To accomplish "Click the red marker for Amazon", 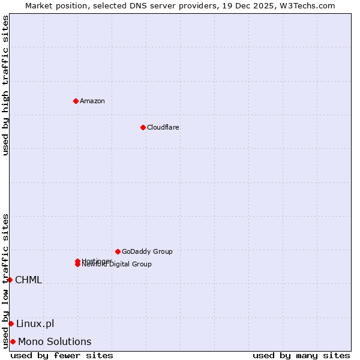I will [x=76, y=101].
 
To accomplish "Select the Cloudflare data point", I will [x=143, y=127].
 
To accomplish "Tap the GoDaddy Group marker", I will [x=118, y=251].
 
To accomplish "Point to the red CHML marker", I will [x=10, y=280].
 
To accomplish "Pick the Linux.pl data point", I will [x=11, y=323].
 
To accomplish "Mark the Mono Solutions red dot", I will [x=13, y=341].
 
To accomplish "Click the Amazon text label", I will [x=92, y=101].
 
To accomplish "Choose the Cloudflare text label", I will [x=163, y=127].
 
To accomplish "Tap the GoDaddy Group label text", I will [x=147, y=251].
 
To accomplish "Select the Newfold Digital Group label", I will [x=117, y=265].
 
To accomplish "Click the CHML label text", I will [x=28, y=280].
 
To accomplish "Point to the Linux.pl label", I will [x=35, y=323].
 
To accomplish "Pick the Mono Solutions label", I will [x=55, y=341].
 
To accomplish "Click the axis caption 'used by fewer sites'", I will [x=62, y=355].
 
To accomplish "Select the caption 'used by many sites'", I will [x=301, y=355].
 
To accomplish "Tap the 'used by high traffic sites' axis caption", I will [x=5, y=85].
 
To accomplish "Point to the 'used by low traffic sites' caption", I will [x=5, y=281].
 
